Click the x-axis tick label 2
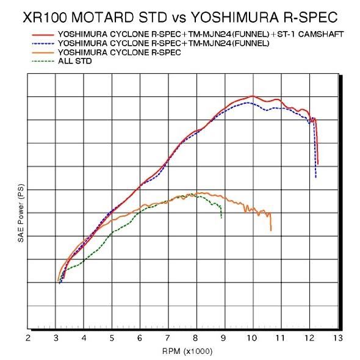click(x=28, y=337)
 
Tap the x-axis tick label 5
click(x=112, y=337)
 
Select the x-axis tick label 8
click(x=196, y=337)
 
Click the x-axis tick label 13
click(x=337, y=337)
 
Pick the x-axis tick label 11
click(x=280, y=337)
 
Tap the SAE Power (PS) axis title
click(x=21, y=215)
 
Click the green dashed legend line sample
click(x=40, y=60)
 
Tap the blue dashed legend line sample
click(x=40, y=45)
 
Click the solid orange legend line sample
click(x=40, y=52)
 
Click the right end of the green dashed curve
click(x=221, y=218)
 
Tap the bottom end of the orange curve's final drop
click(x=271, y=230)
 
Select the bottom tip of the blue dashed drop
click(x=315, y=178)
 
